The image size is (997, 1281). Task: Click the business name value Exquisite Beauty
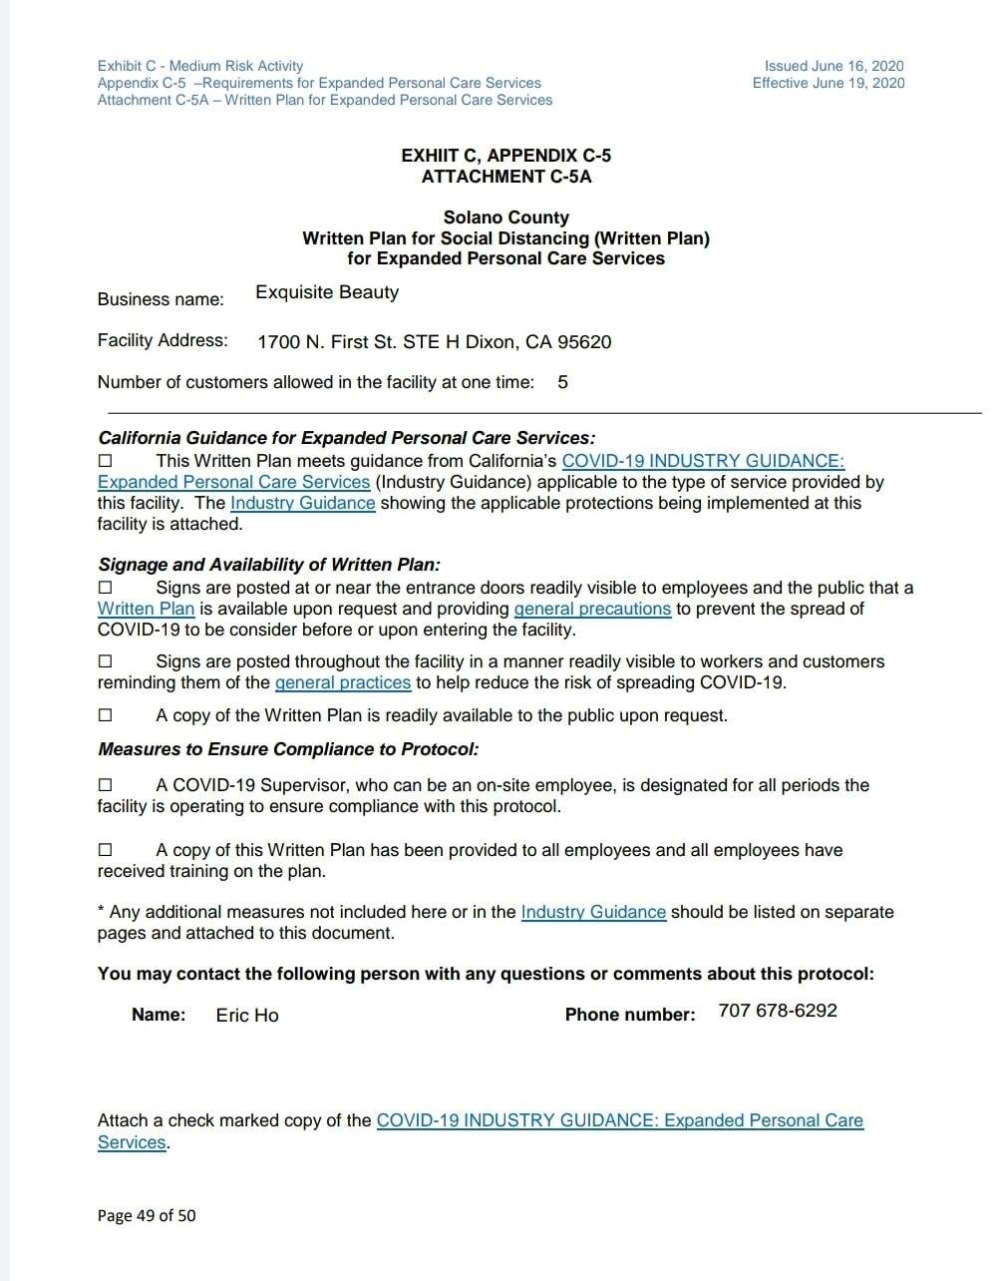point(327,292)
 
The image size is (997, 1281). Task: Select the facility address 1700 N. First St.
point(434,342)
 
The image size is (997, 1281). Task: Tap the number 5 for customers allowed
point(563,382)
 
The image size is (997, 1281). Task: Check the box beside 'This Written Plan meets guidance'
point(106,461)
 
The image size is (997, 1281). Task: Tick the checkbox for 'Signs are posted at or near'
point(106,589)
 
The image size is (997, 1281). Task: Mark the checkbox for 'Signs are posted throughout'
point(106,661)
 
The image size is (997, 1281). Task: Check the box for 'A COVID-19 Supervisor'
point(106,785)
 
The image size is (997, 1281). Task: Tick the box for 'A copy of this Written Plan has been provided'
point(106,850)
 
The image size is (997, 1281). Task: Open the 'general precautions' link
point(592,609)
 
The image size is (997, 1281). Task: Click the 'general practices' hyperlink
point(343,682)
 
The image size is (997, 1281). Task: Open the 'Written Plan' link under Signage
point(146,609)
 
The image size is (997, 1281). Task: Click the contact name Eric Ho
point(247,1015)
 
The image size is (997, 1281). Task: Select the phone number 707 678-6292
point(778,1011)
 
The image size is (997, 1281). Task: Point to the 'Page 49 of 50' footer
point(147,1215)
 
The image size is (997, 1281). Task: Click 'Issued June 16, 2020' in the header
point(834,66)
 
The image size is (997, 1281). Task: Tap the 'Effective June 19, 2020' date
point(829,83)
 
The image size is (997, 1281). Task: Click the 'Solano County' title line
point(506,217)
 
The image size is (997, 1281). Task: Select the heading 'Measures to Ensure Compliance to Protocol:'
point(288,749)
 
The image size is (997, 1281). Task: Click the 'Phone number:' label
point(630,1015)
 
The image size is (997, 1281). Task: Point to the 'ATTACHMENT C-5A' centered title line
point(506,177)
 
